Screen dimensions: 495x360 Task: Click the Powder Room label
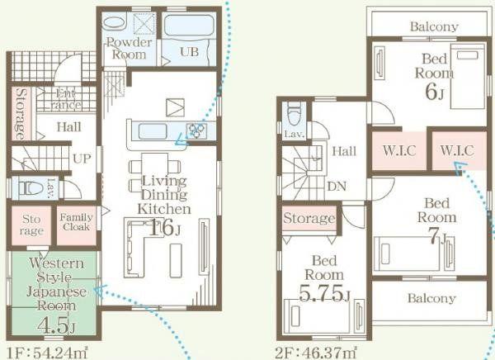click(129, 49)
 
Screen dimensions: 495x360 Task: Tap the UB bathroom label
click(190, 51)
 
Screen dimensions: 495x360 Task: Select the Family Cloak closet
click(77, 225)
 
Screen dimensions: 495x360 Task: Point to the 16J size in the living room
click(165, 228)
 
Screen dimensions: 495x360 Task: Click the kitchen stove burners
click(196, 130)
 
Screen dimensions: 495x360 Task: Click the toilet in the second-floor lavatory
click(294, 116)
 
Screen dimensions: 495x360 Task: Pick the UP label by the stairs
click(82, 159)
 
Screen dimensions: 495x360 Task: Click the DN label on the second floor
click(337, 187)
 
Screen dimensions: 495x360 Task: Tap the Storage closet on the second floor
click(309, 218)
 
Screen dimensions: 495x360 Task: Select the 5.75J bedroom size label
click(324, 293)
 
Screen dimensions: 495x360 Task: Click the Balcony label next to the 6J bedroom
click(434, 26)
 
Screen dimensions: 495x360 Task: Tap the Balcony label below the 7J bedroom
click(431, 298)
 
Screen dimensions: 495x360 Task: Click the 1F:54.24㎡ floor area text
click(47, 353)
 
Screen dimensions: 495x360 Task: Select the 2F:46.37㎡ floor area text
click(316, 353)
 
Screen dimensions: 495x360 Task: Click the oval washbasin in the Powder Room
click(115, 23)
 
